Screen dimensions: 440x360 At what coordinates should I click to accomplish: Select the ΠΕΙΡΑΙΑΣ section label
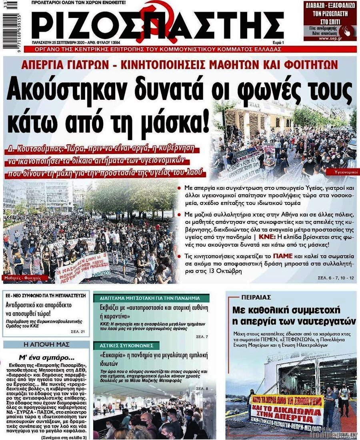pos(256,297)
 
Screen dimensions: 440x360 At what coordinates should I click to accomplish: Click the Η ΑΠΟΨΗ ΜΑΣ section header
pos(46,344)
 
